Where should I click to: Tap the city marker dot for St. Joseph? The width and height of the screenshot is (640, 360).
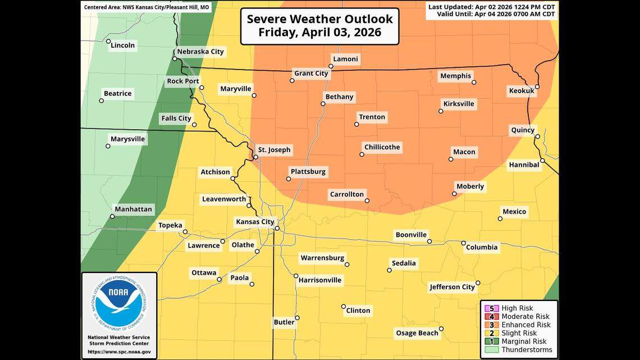(x=255, y=157)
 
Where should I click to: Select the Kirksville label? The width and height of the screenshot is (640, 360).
(x=459, y=104)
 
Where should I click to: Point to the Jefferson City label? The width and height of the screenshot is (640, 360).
(x=452, y=287)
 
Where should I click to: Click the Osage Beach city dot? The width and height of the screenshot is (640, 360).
(x=441, y=329)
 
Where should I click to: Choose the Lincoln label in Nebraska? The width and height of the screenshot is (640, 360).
(x=122, y=45)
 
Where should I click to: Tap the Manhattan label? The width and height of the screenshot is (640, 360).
(x=133, y=209)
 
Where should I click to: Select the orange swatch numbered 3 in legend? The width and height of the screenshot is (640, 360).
(x=492, y=325)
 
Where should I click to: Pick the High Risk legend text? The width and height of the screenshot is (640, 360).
(x=517, y=308)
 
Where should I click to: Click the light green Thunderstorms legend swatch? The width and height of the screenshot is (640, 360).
(x=492, y=349)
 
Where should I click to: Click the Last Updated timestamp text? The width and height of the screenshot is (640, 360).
(x=492, y=7)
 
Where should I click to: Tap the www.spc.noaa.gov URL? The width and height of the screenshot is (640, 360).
(x=119, y=352)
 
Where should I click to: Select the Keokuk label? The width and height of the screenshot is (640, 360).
(x=521, y=90)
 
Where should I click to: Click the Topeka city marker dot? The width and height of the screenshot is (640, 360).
(x=185, y=231)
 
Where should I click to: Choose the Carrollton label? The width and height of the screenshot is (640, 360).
(x=346, y=194)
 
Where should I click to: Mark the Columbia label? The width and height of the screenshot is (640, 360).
(x=482, y=247)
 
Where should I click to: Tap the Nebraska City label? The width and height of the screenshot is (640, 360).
(x=200, y=52)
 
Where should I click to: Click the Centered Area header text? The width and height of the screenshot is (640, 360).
(x=147, y=7)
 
